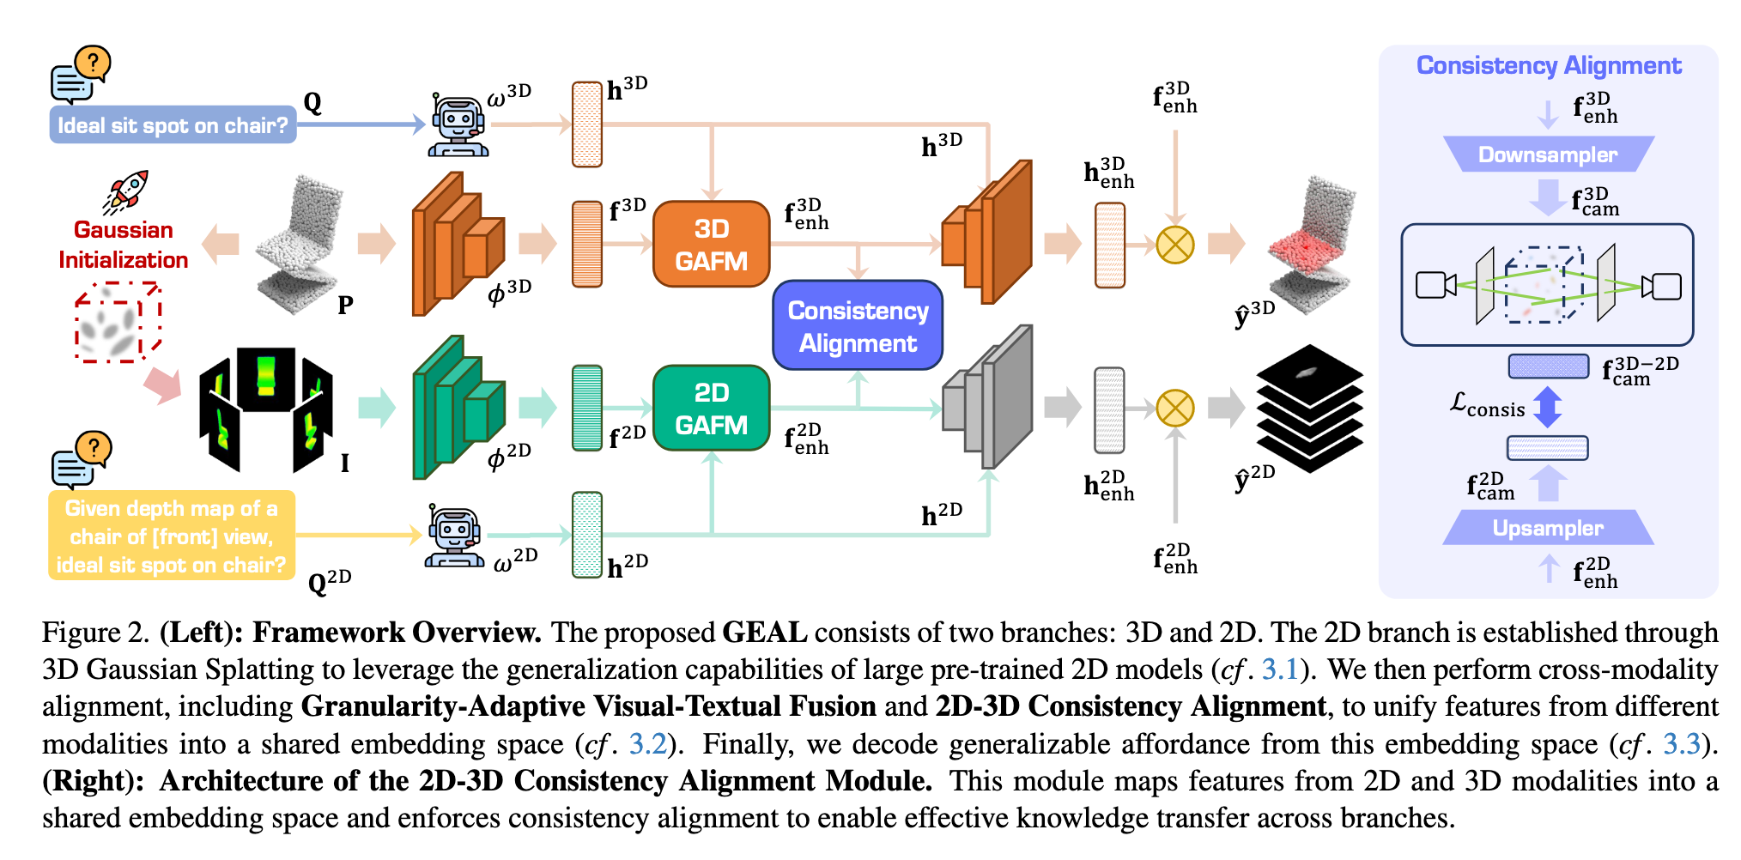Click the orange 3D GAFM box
click(x=711, y=245)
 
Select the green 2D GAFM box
click(x=711, y=409)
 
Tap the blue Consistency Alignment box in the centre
click(x=858, y=326)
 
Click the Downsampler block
click(x=1548, y=154)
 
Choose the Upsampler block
click(x=1548, y=528)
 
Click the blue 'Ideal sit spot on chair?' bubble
click(x=173, y=125)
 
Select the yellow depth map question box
click(x=172, y=536)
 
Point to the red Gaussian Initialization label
click(x=123, y=245)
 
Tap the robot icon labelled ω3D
click(x=458, y=125)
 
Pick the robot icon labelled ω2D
click(x=454, y=536)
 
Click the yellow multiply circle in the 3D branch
click(x=1175, y=245)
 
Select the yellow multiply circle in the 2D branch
click(x=1175, y=409)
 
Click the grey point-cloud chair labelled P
click(x=300, y=245)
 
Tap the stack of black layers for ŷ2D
click(x=1309, y=409)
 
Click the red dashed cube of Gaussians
click(x=118, y=323)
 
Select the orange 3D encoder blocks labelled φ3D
click(x=455, y=245)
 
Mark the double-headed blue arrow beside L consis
click(x=1547, y=407)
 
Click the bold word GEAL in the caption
click(x=764, y=633)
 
